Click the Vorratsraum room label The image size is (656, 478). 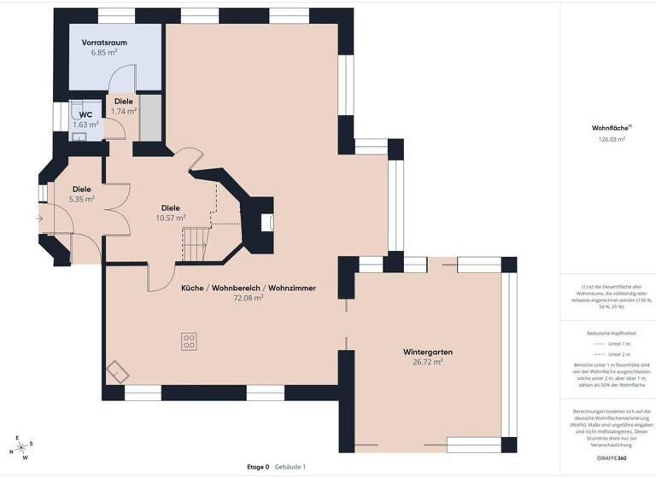click(104, 42)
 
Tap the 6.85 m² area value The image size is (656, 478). click(104, 52)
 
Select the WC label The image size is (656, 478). click(85, 114)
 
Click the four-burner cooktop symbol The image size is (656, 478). click(189, 341)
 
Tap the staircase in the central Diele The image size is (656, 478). click(197, 245)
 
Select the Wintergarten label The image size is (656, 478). click(428, 352)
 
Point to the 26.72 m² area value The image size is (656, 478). click(428, 362)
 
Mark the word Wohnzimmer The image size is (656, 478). click(292, 289)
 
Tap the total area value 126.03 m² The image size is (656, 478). click(611, 138)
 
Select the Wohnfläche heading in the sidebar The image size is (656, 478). click(609, 128)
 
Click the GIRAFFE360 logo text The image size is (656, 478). click(611, 458)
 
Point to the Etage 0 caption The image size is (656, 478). click(258, 467)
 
